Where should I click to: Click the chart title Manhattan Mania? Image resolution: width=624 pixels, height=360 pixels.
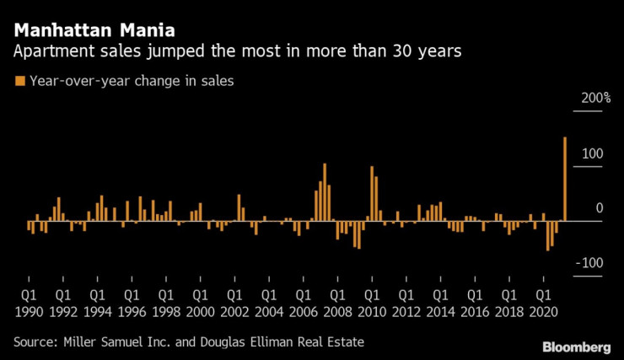(94, 31)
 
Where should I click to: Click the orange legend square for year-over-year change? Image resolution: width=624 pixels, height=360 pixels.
(19, 82)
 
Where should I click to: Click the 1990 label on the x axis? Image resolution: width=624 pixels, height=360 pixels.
(28, 310)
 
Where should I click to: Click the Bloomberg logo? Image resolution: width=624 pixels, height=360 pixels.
(577, 347)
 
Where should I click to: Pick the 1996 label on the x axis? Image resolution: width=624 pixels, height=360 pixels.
(131, 310)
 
